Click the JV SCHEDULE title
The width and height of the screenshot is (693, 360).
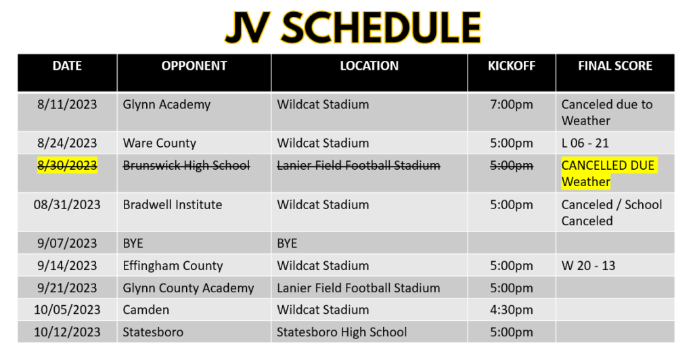point(353,27)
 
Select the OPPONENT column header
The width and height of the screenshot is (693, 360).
point(194,66)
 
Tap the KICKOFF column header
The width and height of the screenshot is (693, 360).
point(512,66)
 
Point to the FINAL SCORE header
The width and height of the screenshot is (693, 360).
point(614,66)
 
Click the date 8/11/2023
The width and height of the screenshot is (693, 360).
point(67,104)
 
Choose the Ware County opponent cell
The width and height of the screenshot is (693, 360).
point(160,143)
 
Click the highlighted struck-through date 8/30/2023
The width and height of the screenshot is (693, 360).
point(67,165)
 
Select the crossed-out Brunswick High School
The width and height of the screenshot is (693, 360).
point(187,166)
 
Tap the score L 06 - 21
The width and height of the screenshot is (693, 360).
point(585,143)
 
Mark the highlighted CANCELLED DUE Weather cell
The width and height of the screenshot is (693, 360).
point(609,173)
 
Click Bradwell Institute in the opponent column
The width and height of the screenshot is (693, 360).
point(173,204)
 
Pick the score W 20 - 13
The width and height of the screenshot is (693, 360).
point(588,265)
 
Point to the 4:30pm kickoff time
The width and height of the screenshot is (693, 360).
point(512,310)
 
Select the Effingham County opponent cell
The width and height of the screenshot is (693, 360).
point(173,266)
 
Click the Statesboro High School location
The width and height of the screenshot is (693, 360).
point(342,332)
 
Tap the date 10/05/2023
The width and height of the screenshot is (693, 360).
point(67,310)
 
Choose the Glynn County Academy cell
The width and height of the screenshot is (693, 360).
point(188,288)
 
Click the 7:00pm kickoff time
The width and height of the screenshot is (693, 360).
point(512,105)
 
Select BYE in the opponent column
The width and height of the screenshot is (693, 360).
point(133,244)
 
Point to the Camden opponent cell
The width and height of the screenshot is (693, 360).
point(146,310)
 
